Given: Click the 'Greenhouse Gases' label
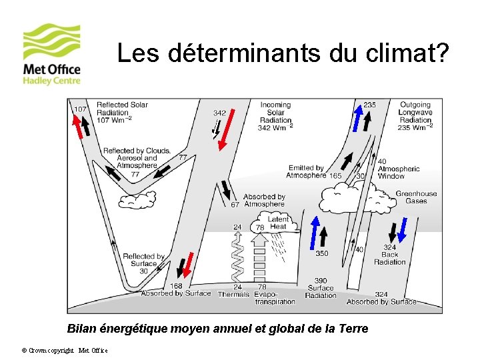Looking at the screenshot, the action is click(x=416, y=197).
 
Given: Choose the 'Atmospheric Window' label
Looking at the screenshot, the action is click(x=398, y=169).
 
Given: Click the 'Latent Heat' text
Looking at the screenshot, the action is click(x=278, y=223).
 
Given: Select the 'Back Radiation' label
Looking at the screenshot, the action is click(x=390, y=255).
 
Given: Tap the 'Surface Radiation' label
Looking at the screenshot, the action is click(x=321, y=288).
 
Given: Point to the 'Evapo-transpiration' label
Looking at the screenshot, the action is click(x=274, y=297).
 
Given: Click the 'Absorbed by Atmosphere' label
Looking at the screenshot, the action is click(x=263, y=201).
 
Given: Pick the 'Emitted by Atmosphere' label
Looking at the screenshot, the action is click(x=307, y=172).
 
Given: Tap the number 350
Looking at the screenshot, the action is click(x=321, y=253).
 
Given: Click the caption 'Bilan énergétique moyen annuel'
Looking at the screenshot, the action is click(x=217, y=329).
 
